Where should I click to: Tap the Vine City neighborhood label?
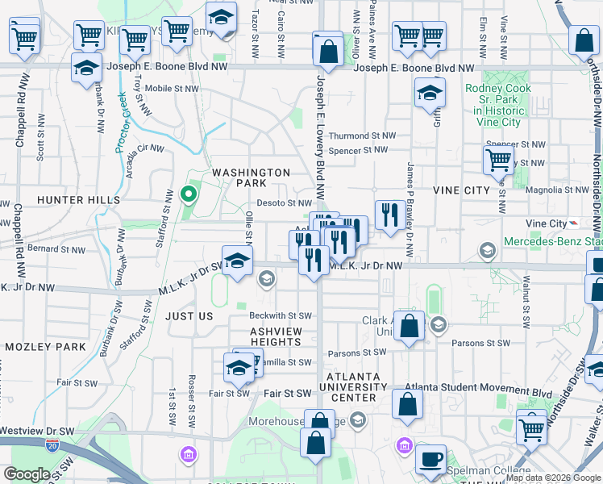pos(461,190)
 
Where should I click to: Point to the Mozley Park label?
pos(45,347)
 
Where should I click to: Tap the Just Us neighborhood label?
pos(189,317)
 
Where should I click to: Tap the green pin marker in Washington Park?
pos(189,194)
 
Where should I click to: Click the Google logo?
pos(27,474)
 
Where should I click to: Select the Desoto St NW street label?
pos(284,203)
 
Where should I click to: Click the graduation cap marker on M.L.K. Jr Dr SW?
pos(236,263)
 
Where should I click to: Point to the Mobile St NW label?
pos(172,89)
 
